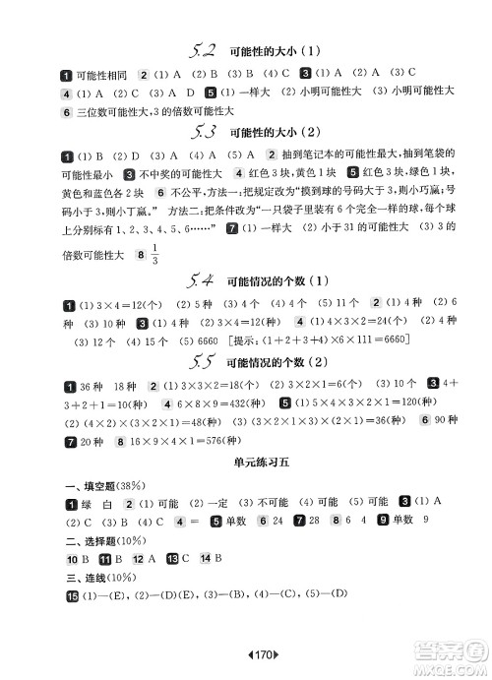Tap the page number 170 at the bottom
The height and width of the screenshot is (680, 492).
(x=246, y=653)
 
